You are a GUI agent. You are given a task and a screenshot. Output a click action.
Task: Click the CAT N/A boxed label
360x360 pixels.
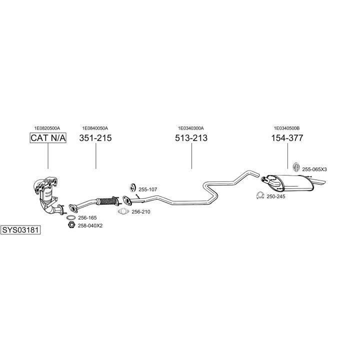(x=48, y=138)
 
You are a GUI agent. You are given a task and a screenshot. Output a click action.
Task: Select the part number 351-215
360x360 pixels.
(x=95, y=138)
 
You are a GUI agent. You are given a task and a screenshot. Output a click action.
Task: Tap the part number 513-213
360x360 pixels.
(x=191, y=138)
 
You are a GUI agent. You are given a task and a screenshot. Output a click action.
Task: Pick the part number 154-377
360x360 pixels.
(x=287, y=138)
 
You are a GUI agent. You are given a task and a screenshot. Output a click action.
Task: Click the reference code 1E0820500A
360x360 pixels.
(x=47, y=128)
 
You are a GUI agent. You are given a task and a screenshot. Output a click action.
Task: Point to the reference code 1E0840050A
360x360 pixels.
(x=95, y=128)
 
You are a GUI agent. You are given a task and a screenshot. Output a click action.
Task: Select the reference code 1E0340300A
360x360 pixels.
(x=191, y=128)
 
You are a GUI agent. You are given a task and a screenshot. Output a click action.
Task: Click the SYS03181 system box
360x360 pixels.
(x=20, y=230)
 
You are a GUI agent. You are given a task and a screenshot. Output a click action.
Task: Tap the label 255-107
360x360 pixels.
(x=148, y=189)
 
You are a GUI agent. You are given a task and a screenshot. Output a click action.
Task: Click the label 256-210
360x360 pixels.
(x=141, y=212)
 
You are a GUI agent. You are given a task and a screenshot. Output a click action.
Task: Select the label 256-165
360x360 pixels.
(x=87, y=218)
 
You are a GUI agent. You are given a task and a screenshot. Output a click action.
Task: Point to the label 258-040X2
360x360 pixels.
(x=90, y=226)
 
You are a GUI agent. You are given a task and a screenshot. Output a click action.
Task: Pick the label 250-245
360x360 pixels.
(x=275, y=196)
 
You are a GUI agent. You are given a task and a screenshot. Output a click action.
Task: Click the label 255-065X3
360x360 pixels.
(x=314, y=169)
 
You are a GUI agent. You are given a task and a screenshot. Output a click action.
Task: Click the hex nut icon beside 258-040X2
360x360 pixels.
(x=70, y=226)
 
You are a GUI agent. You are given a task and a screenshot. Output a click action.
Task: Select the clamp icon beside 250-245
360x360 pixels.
(x=259, y=195)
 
